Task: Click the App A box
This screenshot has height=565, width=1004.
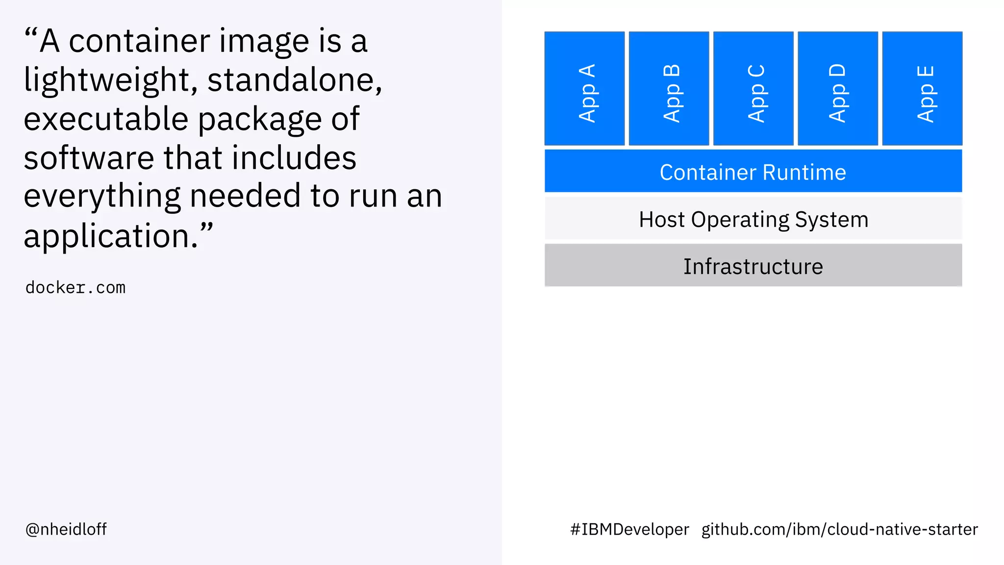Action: (584, 89)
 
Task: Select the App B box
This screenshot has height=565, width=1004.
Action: (669, 89)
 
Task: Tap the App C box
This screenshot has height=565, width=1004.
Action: (753, 89)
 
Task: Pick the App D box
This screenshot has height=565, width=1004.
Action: (838, 89)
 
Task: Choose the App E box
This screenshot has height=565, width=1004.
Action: (922, 89)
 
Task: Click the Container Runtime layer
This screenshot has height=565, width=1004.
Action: (753, 171)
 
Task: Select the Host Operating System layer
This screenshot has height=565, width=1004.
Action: (753, 219)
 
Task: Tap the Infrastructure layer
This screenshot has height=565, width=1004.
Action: (753, 265)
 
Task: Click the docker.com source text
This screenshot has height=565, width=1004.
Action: (75, 287)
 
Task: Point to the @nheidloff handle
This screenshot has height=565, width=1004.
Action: (66, 529)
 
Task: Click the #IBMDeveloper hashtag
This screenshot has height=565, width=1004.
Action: (629, 529)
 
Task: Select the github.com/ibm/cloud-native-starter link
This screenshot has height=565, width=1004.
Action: (839, 529)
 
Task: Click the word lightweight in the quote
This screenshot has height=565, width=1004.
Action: (111, 81)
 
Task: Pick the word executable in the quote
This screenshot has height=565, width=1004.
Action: (106, 119)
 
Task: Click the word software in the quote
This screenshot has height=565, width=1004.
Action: (89, 158)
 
